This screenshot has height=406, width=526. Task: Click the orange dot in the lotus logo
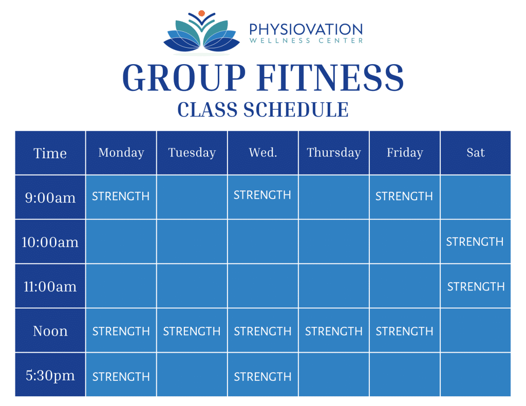pos(201,13)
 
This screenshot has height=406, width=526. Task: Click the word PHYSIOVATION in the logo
pos(306,29)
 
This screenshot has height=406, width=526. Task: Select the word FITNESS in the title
pos(330,78)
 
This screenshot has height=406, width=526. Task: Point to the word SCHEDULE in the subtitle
pos(296,110)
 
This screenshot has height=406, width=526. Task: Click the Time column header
pos(50,153)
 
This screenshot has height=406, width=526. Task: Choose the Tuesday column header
pos(192,153)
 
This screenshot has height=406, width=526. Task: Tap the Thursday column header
pos(334,153)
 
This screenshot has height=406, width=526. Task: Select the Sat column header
pos(476,152)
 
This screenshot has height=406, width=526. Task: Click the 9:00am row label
pos(50,198)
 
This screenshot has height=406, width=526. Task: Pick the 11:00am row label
pos(50,286)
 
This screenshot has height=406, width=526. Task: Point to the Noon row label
pos(50,331)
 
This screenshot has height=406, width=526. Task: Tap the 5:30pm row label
pos(50,376)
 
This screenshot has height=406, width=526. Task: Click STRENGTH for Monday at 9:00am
pos(121,196)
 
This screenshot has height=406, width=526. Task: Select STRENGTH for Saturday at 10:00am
pos(475,242)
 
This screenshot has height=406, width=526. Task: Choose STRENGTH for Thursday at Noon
pos(334,331)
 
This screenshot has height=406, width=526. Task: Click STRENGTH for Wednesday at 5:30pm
pos(262,377)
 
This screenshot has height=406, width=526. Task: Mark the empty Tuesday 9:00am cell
pos(192,197)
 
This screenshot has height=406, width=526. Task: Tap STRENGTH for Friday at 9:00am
pos(404,196)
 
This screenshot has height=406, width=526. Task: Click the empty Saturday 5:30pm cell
pos(475,375)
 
